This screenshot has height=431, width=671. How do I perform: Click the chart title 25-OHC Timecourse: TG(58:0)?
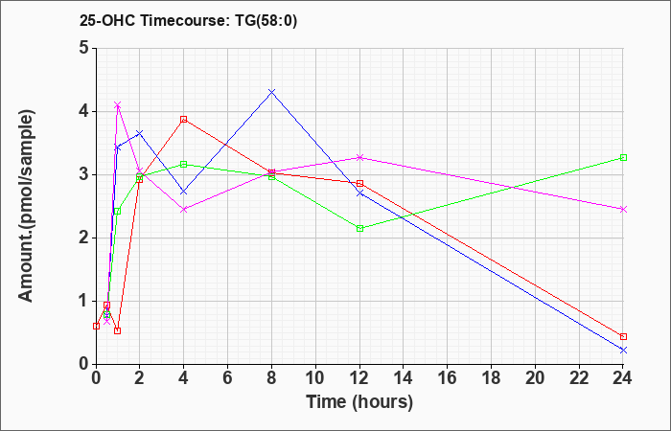point(188,20)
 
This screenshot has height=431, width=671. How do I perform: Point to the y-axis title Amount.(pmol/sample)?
point(26,206)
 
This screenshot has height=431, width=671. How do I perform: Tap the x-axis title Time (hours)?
point(359,402)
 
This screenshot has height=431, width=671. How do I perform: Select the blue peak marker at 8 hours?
point(271,92)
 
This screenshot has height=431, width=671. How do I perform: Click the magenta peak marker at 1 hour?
point(118,104)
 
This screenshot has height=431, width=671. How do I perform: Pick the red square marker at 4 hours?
point(184,120)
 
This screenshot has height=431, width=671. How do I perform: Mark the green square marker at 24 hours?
point(623,158)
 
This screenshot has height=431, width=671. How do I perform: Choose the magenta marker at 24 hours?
point(623,209)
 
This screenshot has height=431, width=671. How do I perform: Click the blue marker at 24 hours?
point(623,351)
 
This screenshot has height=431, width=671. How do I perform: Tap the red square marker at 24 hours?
point(623,336)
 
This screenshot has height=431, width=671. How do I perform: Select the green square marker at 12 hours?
point(359,228)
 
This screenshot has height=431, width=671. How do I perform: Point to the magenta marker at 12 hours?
point(359,158)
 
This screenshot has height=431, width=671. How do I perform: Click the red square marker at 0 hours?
point(96,326)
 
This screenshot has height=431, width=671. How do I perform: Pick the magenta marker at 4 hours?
point(184,210)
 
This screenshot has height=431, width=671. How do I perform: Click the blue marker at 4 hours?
point(184,192)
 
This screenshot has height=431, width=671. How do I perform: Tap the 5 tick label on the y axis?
point(84,48)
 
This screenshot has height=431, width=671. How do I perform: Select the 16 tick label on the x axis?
point(448,378)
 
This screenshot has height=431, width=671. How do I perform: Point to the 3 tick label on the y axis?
point(84,174)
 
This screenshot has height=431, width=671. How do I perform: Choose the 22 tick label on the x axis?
point(579,378)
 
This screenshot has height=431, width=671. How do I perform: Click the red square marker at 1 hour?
point(118,330)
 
